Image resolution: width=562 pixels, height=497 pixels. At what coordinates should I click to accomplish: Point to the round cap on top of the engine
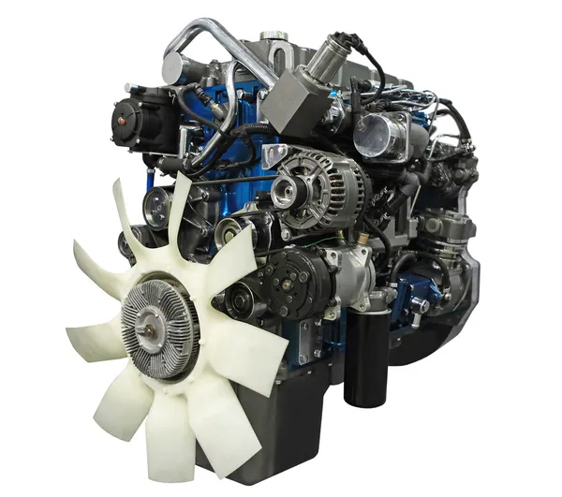pos(274,37)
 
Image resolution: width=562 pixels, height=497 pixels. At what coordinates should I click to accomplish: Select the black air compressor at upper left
pos(140,122)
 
